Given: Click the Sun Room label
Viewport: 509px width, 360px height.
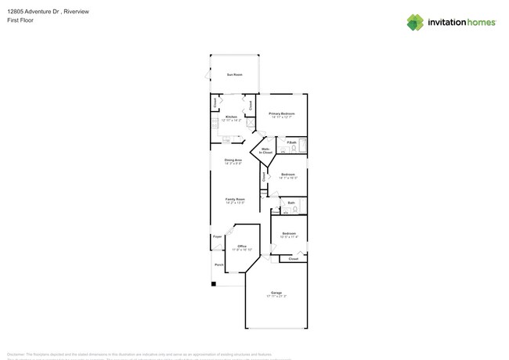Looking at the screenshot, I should tap(234, 74).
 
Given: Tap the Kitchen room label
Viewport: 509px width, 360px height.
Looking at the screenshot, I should tap(231, 117).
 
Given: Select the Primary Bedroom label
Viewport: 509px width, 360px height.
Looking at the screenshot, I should tap(282, 113).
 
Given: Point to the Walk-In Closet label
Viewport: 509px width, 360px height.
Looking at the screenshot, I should tap(265, 150).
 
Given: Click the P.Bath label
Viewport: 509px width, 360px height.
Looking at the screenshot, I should tap(291, 142).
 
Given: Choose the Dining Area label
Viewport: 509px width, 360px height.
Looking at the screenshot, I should tap(233, 160).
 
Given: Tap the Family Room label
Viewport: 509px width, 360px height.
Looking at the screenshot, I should tap(235, 199).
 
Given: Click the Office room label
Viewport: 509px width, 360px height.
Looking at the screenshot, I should tap(242, 246).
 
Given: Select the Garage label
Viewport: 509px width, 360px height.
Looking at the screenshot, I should tap(276, 293).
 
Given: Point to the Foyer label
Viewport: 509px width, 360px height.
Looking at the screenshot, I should tap(217, 236).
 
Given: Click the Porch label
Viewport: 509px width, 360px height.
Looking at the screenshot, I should tap(218, 265).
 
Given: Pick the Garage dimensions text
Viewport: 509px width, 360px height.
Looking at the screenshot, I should tap(276, 297).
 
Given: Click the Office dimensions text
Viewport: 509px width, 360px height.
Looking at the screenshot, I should tap(242, 250).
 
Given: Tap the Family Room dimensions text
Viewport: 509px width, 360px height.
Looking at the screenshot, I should tap(235, 203).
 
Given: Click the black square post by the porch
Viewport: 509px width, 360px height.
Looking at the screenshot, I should tap(213, 283).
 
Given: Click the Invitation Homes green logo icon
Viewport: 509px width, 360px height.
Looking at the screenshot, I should tap(414, 22).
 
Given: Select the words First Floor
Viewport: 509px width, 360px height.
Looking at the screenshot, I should tap(20, 20).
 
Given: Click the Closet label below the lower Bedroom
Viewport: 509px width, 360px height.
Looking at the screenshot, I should tap(293, 258).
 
